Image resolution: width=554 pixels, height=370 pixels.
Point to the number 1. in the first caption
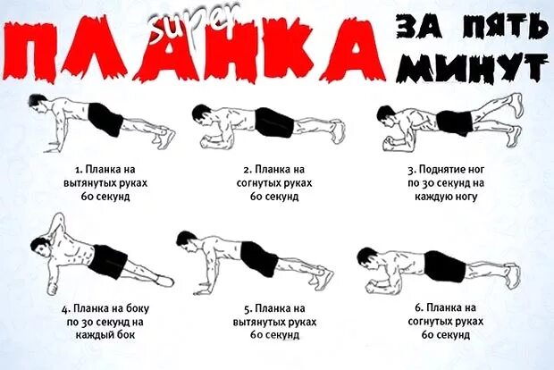(79, 168)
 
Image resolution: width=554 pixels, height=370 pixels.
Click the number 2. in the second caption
(246, 168)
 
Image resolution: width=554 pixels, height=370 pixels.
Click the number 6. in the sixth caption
(418, 308)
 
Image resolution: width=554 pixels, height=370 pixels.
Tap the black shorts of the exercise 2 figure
(273, 122)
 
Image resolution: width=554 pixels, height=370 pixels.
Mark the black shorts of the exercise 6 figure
(444, 265)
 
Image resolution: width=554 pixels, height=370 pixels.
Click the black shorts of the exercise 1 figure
(105, 119)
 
